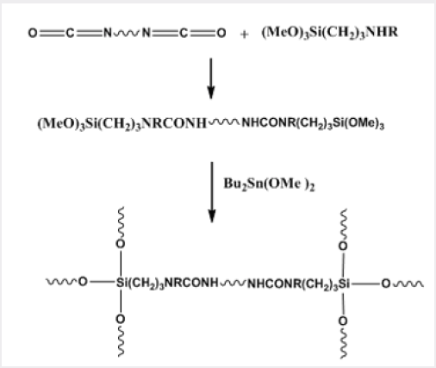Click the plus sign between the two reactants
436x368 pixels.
(244, 34)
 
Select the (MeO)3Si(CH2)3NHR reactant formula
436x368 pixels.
(330, 33)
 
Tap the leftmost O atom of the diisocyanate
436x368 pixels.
(33, 33)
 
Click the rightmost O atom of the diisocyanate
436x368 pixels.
(221, 33)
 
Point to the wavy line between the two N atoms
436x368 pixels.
(127, 34)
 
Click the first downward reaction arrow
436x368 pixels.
(211, 78)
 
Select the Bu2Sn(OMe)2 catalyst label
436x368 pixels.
(269, 184)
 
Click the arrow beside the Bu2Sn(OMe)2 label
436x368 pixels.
(212, 192)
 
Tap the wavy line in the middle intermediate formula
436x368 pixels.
(224, 122)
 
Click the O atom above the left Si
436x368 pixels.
(121, 244)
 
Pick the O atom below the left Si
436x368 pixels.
(121, 319)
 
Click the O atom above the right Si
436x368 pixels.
(343, 246)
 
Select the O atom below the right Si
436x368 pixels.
(343, 321)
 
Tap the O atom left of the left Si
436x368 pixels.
(83, 282)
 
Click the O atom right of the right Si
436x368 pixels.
(386, 284)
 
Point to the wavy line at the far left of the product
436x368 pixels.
(61, 282)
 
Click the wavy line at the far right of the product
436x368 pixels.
(408, 284)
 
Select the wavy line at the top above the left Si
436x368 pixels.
(121, 223)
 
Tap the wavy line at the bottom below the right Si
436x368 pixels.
(344, 342)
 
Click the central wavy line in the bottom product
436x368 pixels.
(233, 284)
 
